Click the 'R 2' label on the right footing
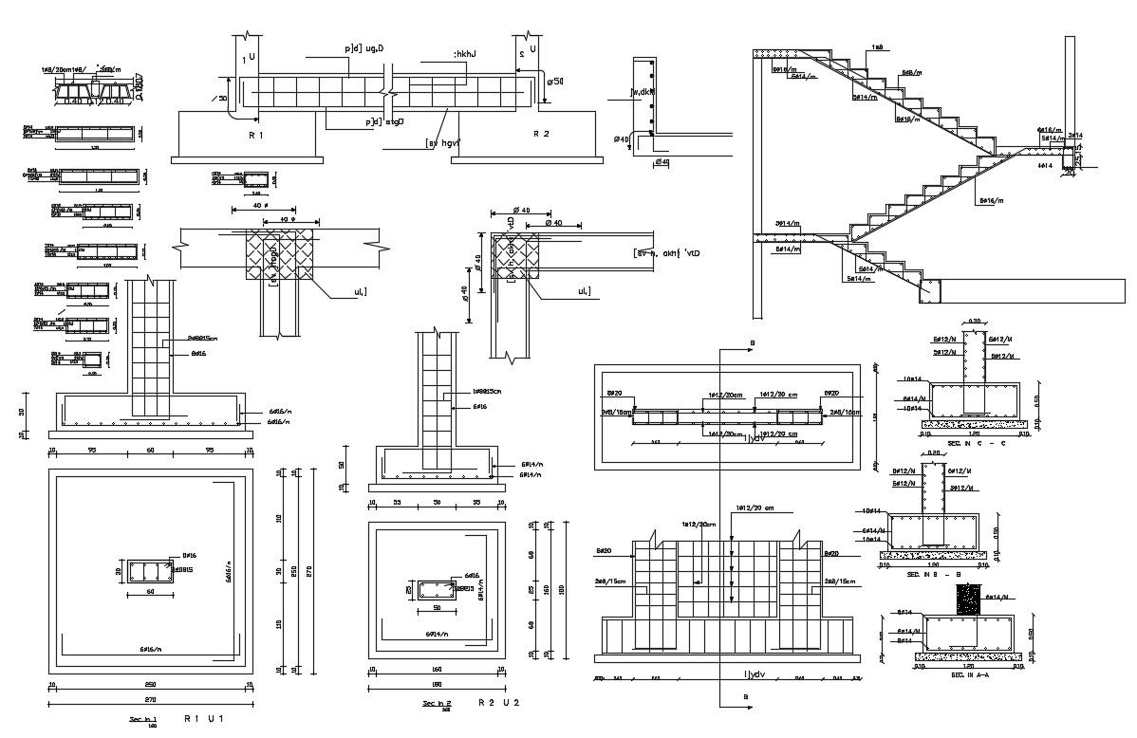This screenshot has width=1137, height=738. click(x=541, y=135)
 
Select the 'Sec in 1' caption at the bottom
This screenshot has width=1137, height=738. click(x=142, y=720)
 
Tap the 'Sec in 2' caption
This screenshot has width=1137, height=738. click(x=438, y=703)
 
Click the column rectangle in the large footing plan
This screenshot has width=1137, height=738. click(x=149, y=572)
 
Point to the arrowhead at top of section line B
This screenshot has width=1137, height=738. click(x=750, y=350)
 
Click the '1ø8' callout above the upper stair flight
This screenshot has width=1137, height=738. click(x=877, y=47)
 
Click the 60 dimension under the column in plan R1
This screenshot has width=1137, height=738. click(x=149, y=592)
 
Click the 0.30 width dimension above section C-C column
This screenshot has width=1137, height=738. click(x=975, y=322)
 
